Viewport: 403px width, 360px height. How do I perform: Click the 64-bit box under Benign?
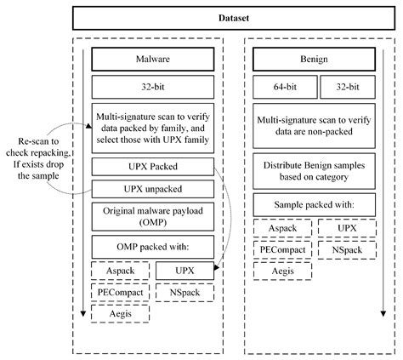click(x=283, y=86)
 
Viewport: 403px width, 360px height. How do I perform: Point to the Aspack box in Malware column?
click(x=121, y=271)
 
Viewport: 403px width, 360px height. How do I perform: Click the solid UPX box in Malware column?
click(x=185, y=271)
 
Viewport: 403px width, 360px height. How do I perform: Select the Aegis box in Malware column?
click(x=121, y=314)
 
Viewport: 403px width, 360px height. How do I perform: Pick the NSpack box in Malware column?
click(x=185, y=293)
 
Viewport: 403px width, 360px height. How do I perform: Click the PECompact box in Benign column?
click(x=282, y=249)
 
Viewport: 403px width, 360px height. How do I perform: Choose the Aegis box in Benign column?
click(x=282, y=270)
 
